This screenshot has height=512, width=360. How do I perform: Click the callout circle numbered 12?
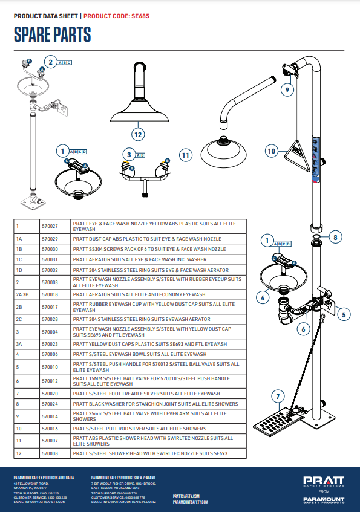pyautogui.click(x=138, y=135)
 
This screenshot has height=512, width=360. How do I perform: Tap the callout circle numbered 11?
pyautogui.click(x=186, y=155)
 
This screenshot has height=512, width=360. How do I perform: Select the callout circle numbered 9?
pyautogui.click(x=287, y=90)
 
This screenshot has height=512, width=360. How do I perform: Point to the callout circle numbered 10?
pyautogui.click(x=272, y=151)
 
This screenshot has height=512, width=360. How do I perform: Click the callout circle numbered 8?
pyautogui.click(x=335, y=238)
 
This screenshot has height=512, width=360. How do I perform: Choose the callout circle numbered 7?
pyautogui.click(x=278, y=397)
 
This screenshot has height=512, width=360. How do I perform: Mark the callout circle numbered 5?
pyautogui.click(x=344, y=315)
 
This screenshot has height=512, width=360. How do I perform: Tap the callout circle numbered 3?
pyautogui.click(x=129, y=155)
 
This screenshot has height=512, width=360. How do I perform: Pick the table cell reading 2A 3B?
pyautogui.click(x=27, y=294)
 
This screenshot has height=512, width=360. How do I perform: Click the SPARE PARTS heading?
pyautogui.click(x=52, y=34)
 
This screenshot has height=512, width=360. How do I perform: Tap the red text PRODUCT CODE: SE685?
pyautogui.click(x=116, y=16)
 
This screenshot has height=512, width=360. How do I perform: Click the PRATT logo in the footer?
pyautogui.click(x=324, y=481)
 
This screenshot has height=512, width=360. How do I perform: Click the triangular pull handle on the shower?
pyautogui.click(x=297, y=156)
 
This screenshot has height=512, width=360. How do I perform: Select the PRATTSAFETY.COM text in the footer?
pyautogui.click(x=186, y=496)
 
